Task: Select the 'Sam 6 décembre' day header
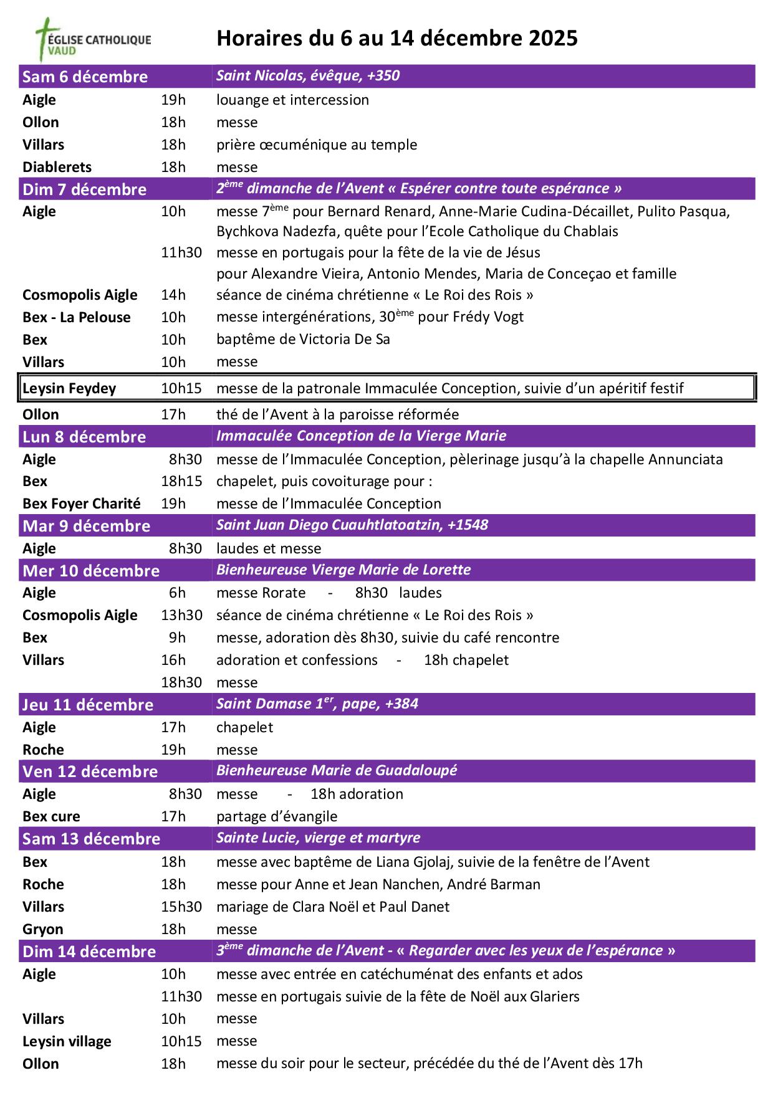85,77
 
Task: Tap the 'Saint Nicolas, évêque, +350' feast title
308,76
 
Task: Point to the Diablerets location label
57,167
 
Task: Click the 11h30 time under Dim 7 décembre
181,252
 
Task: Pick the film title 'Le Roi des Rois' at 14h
479,295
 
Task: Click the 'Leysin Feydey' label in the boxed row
69,388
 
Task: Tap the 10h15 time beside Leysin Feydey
181,388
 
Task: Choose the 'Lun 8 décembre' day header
84,437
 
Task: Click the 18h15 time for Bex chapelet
181,481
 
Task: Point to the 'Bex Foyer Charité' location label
82,504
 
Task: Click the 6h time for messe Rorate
177,593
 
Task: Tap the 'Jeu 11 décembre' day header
88,705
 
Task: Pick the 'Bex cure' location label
51,816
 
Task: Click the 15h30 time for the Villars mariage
181,907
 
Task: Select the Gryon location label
43,929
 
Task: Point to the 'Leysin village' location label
67,1041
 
